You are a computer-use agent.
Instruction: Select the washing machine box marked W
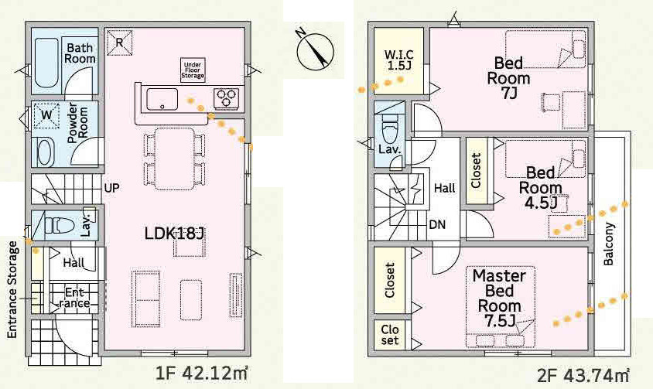click(x=47, y=117)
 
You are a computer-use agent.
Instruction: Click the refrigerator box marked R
click(x=120, y=43)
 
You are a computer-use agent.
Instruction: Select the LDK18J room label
click(x=173, y=232)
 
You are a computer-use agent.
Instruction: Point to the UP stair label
click(x=111, y=188)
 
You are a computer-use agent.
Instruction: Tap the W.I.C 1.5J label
click(x=398, y=60)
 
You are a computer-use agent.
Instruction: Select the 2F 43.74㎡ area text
click(x=583, y=375)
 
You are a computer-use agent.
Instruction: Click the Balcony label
click(x=609, y=244)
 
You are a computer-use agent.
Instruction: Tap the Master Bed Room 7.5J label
click(x=499, y=297)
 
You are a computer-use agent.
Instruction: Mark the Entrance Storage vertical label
click(x=13, y=290)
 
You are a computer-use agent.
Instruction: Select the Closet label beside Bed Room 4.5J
click(x=476, y=170)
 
